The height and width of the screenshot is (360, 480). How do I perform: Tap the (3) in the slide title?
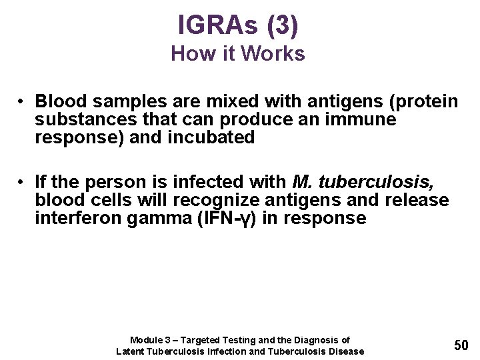point(282,25)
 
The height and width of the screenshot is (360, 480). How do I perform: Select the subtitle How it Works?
point(238,53)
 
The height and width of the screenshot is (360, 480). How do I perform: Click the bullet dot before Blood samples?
point(22,101)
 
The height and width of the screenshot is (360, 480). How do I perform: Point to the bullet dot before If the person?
point(22,182)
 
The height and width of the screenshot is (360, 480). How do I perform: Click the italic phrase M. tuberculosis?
point(363,182)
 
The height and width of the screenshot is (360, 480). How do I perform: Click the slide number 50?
point(461,345)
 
